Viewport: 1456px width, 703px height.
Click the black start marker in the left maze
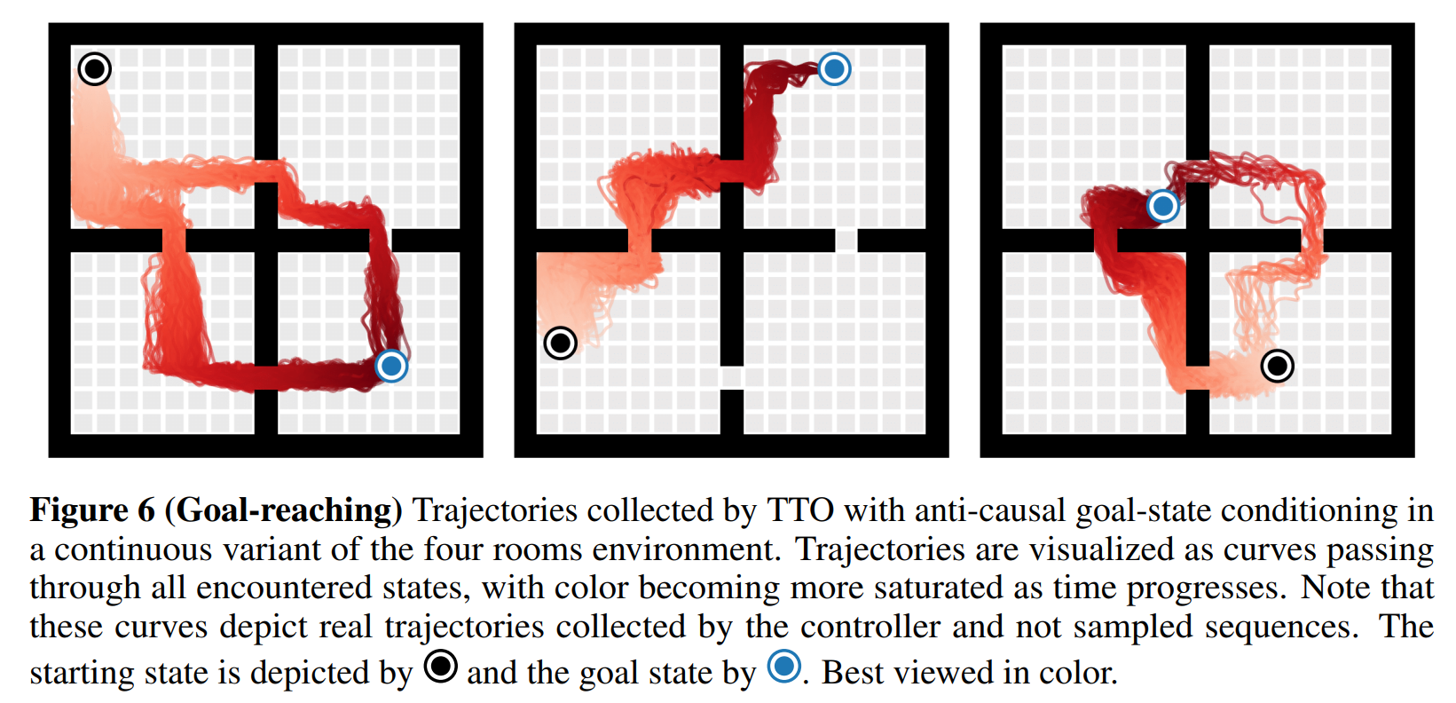[94, 68]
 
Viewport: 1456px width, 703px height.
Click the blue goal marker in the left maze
[390, 365]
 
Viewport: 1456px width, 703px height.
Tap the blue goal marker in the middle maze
[834, 68]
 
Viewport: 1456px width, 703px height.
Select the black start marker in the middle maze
[560, 343]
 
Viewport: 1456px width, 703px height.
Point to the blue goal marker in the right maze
[1162, 206]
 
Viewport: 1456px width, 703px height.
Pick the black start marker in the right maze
[1277, 365]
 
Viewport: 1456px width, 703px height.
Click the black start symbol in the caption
[440, 666]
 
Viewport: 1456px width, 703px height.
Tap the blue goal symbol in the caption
[783, 666]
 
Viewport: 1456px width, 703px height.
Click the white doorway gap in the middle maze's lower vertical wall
[732, 377]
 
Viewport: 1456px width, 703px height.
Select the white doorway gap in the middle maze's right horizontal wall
[846, 240]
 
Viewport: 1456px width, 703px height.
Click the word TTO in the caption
[800, 510]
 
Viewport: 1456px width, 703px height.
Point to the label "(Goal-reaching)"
[284, 510]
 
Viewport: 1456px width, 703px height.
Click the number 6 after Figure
[146, 510]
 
